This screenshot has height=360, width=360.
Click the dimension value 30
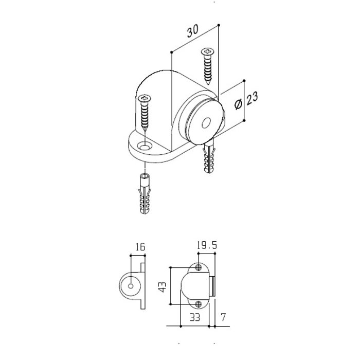[192, 32]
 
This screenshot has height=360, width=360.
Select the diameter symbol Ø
[239, 104]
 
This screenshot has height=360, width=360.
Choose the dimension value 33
[195, 317]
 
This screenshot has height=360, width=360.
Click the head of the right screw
[207, 52]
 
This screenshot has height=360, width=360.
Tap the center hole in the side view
[132, 284]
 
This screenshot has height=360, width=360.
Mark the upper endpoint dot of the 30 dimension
[219, 24]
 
